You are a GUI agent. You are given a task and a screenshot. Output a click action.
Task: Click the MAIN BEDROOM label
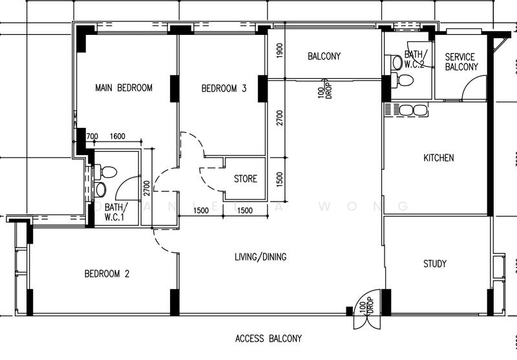point(123,88)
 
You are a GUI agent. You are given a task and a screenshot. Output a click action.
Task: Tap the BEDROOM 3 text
point(224,89)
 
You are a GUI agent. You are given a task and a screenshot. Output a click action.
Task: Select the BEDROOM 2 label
point(107,274)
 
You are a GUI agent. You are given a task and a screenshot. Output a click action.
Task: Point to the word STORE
point(245,179)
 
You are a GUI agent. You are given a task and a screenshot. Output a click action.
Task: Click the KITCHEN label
point(438,158)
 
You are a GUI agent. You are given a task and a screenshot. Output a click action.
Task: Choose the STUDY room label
point(434,264)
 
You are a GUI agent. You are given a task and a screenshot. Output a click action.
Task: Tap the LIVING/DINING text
point(260,257)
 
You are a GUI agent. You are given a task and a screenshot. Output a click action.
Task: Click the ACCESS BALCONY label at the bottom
point(268,338)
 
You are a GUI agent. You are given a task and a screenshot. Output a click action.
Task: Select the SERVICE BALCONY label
point(461,62)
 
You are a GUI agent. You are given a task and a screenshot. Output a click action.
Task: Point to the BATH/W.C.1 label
point(116,211)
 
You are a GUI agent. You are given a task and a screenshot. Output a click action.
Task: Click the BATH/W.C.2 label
point(414,59)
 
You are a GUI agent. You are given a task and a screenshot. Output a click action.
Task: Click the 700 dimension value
point(91,136)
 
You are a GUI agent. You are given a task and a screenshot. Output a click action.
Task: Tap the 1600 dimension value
point(118,136)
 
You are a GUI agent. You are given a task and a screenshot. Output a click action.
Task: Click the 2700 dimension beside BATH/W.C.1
point(146,187)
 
